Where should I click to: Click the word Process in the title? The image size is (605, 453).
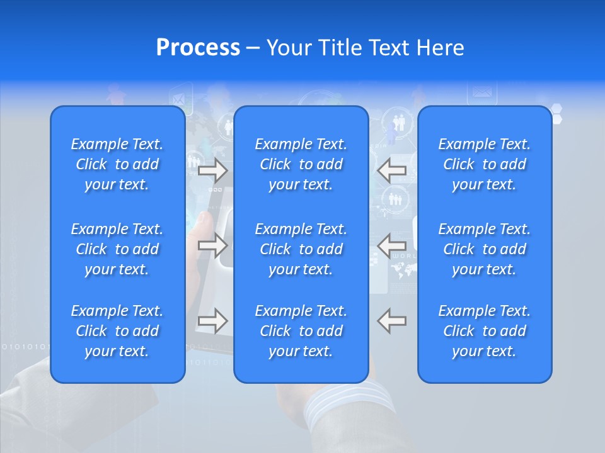pos(198,48)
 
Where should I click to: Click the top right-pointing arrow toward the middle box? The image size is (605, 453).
pos(212,171)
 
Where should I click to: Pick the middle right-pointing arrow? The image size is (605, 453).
pos(212,245)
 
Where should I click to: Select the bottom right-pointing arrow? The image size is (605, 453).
pos(212,320)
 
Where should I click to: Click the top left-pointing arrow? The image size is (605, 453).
pos(391,171)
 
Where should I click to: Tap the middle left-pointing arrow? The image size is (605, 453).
pos(391,245)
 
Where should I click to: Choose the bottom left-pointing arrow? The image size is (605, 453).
pos(391,320)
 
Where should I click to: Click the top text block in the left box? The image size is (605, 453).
pos(117,164)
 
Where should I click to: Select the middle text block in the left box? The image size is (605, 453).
pos(117,249)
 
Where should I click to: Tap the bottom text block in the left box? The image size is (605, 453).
pos(117,331)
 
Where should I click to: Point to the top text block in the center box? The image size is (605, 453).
pos(301,164)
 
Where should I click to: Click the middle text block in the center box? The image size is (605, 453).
pos(301,249)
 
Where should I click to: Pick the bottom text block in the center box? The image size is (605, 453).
pos(301,331)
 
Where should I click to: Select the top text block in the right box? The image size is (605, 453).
pos(485,164)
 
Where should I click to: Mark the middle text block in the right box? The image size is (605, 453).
pos(485,249)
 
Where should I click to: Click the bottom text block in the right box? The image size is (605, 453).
pos(485,331)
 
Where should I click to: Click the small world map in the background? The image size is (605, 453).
pos(404,271)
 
